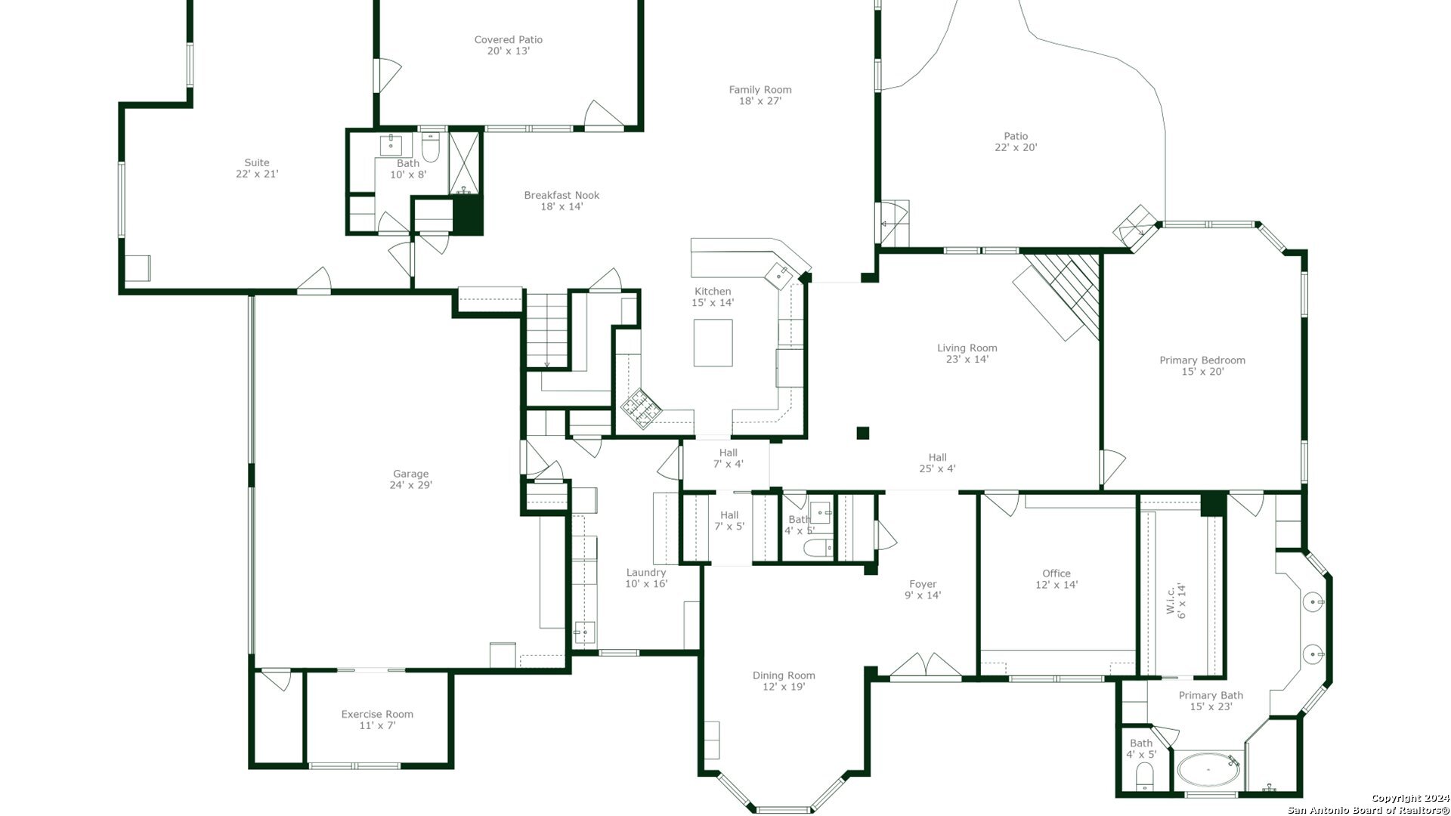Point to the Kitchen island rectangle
[x=713, y=343]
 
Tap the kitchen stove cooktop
[x=641, y=409]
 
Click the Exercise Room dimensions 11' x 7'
[x=377, y=726]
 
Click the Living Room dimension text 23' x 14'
[x=967, y=360]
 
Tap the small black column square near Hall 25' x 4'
[x=863, y=433]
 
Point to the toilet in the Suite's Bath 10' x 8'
[x=431, y=148]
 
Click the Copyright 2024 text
[x=1410, y=799]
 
